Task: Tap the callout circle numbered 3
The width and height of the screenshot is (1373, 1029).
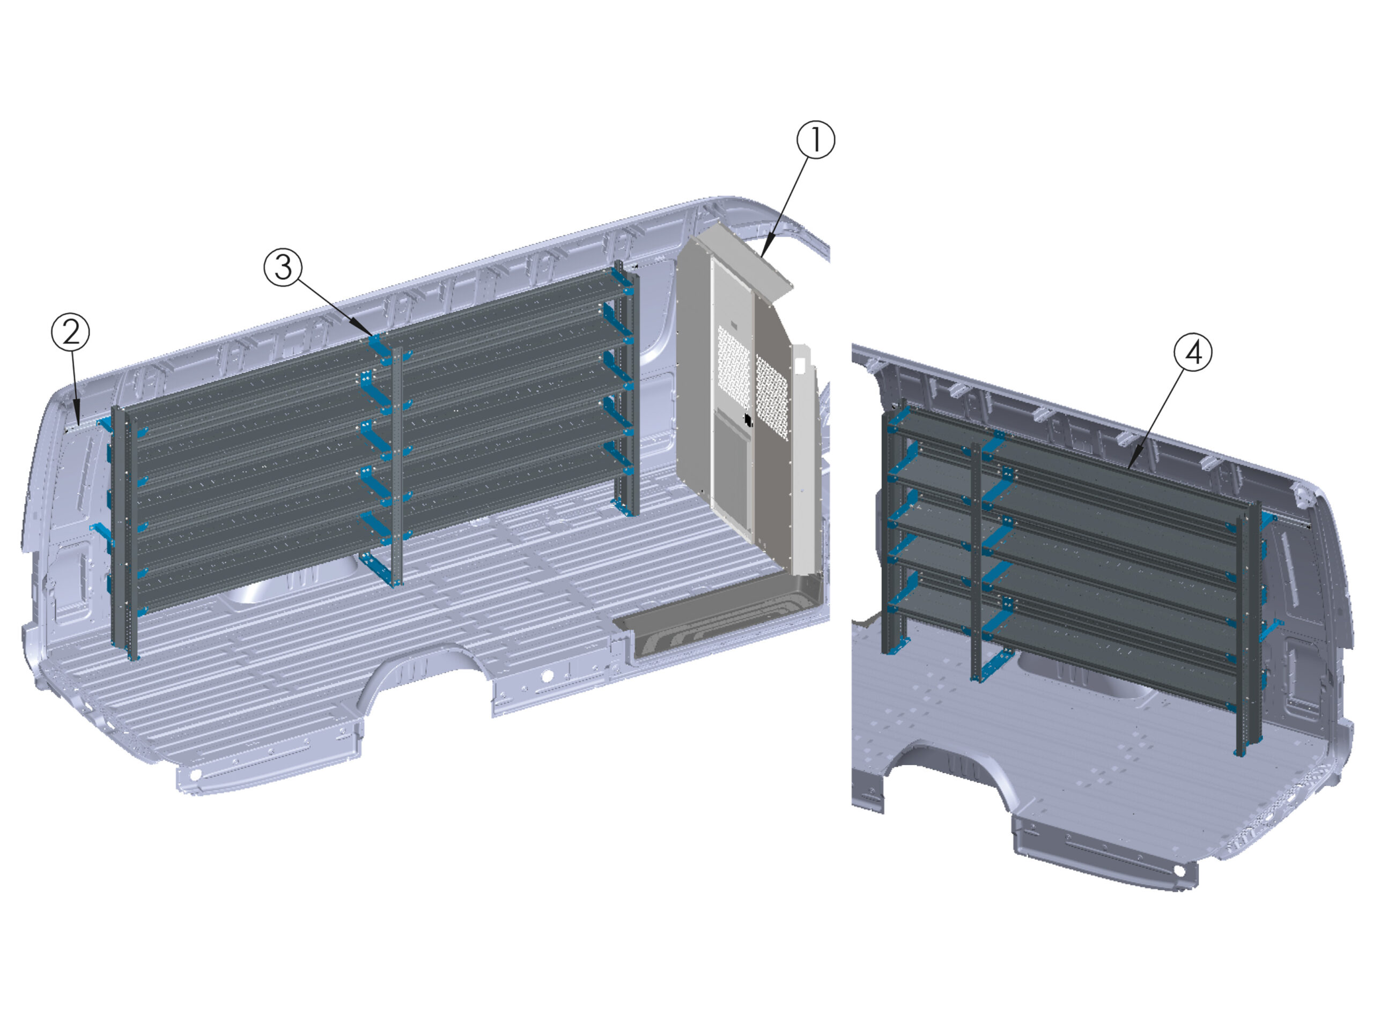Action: click(x=283, y=268)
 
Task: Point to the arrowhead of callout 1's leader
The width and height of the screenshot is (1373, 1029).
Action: click(x=763, y=255)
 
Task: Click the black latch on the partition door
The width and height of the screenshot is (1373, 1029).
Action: click(x=748, y=420)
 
